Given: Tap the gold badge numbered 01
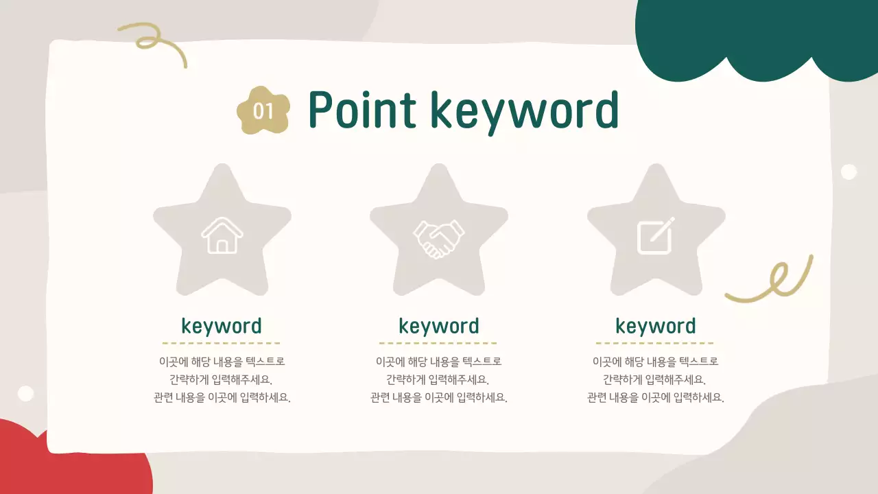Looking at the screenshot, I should click(x=263, y=110).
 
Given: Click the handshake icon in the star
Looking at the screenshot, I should click(x=439, y=238).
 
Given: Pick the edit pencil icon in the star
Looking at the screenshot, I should click(x=656, y=235).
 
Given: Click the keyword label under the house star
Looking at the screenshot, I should click(x=222, y=326).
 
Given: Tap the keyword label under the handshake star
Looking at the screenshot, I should click(x=439, y=326).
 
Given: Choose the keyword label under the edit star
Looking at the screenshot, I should click(x=656, y=326).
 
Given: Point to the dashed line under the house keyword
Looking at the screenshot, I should click(x=222, y=343).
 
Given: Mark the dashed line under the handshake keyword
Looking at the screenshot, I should click(x=439, y=343).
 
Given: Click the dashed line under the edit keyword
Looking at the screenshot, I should click(x=656, y=343).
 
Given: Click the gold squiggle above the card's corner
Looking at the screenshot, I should click(x=154, y=41).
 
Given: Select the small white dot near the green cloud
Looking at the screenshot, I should click(x=849, y=172).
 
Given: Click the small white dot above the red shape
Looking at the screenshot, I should click(x=25, y=393).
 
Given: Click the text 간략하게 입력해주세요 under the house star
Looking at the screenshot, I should click(x=222, y=379).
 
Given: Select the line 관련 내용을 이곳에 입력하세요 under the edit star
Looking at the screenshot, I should click(x=656, y=397).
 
